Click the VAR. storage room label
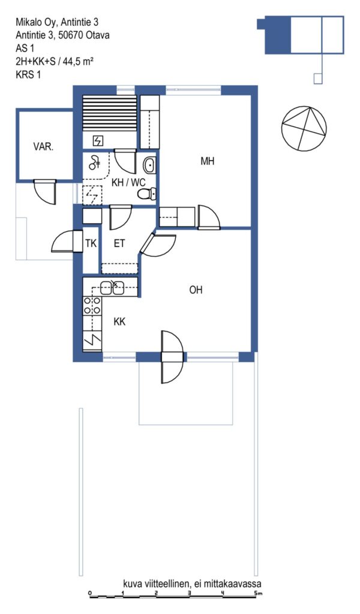tap(43, 148)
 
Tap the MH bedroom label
tap(207, 161)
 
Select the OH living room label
tap(196, 290)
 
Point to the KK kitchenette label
tap(119, 321)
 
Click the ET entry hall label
tap(119, 243)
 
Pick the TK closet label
tap(91, 243)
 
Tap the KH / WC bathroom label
tap(128, 182)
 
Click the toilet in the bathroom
tap(147, 194)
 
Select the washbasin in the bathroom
tap(149, 165)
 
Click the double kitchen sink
tap(112, 288)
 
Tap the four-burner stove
tap(92, 306)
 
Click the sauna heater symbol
tap(98, 140)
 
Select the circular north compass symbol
tap(304, 128)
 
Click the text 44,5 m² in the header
tap(78, 61)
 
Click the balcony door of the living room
tap(172, 357)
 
